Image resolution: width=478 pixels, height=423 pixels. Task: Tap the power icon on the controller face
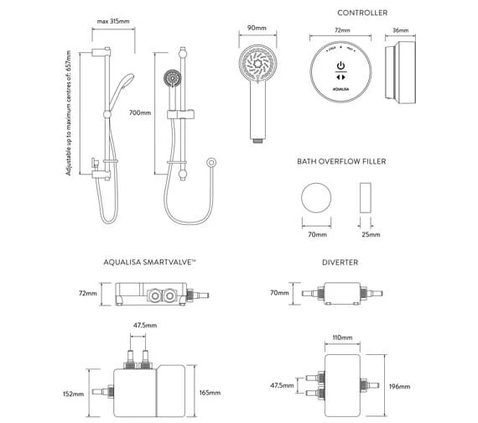pos(340,65)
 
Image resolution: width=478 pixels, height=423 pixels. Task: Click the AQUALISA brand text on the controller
pos(340,87)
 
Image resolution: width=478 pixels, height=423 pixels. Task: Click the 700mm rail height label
pos(141,112)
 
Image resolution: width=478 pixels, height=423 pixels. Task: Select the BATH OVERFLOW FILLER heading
pos(340,161)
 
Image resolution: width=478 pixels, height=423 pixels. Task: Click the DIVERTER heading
pos(340,263)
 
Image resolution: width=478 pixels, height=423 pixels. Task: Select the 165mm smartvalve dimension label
pos(210,392)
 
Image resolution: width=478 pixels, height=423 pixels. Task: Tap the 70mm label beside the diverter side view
pos(279,295)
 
